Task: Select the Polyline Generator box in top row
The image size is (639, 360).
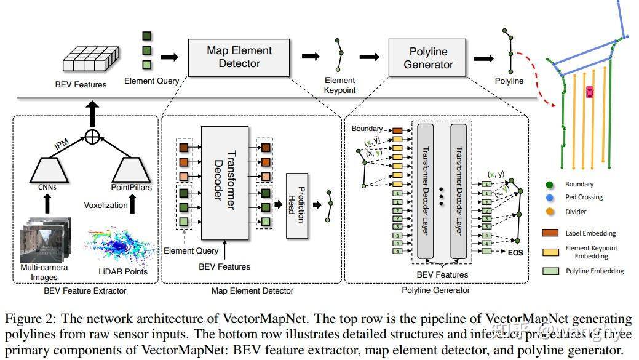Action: [428, 57]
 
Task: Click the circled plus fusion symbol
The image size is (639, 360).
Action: [92, 137]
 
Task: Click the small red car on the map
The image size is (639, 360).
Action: [590, 92]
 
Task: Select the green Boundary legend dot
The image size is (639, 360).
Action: [549, 184]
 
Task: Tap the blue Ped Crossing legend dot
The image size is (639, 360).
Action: [549, 198]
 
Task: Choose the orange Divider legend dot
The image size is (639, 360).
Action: [549, 212]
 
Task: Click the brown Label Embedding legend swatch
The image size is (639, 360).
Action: [550, 233]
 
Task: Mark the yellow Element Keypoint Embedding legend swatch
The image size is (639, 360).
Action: [550, 252]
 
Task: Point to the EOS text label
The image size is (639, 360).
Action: [515, 252]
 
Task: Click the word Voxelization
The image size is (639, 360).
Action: [106, 205]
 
